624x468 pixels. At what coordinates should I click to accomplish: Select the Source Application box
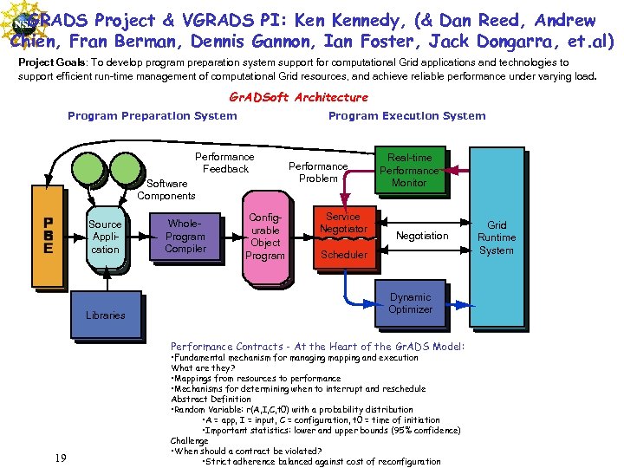pos(106,237)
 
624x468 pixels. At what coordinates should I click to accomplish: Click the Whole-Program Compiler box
pos(185,236)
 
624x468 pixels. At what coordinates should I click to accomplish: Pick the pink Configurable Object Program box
pos(264,237)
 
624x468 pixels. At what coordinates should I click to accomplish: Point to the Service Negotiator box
pos(343,223)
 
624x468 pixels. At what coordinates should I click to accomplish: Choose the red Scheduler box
pos(343,255)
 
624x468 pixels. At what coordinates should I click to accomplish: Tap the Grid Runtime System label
pos(496,237)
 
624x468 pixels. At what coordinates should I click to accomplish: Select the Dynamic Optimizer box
pos(410,303)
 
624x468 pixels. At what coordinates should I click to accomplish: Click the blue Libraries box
pos(106,315)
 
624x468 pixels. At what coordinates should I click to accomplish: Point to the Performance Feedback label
pos(224,163)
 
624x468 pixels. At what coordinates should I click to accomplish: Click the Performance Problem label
pos(318,172)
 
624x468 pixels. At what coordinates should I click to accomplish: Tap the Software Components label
pos(166,189)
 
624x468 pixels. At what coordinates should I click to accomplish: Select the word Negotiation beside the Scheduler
pos(422,236)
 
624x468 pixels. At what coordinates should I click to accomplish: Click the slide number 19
pos(59,458)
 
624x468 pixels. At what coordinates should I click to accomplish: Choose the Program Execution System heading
pos(406,115)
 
